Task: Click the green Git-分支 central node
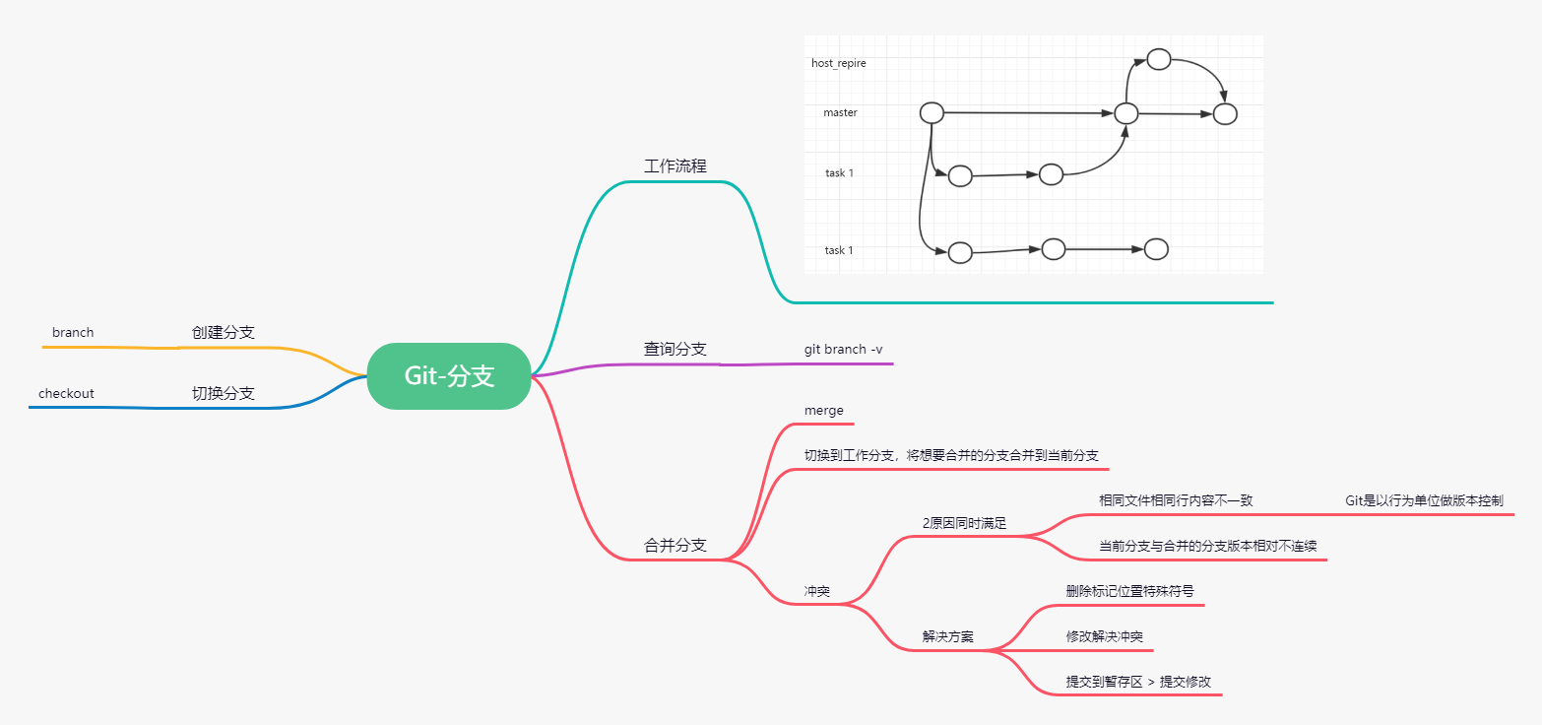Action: click(x=449, y=375)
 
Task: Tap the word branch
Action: click(x=73, y=333)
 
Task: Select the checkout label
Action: click(x=66, y=394)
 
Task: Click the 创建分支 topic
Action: click(x=223, y=333)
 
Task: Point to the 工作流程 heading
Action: click(x=675, y=166)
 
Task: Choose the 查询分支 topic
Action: click(x=675, y=350)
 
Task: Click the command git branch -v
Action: click(x=844, y=350)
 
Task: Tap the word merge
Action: click(x=824, y=411)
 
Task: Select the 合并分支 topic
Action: click(x=675, y=546)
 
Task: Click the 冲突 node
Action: click(x=816, y=592)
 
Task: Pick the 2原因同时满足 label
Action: click(x=964, y=523)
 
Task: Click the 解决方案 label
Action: click(x=947, y=637)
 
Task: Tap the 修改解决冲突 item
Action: click(x=1104, y=637)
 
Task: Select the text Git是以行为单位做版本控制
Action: click(x=1424, y=500)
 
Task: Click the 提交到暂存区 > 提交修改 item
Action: click(x=1137, y=682)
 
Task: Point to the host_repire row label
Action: click(x=838, y=63)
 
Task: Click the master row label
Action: click(x=840, y=113)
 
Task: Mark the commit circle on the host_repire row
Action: click(x=1159, y=59)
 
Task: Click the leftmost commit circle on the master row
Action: click(x=932, y=112)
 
